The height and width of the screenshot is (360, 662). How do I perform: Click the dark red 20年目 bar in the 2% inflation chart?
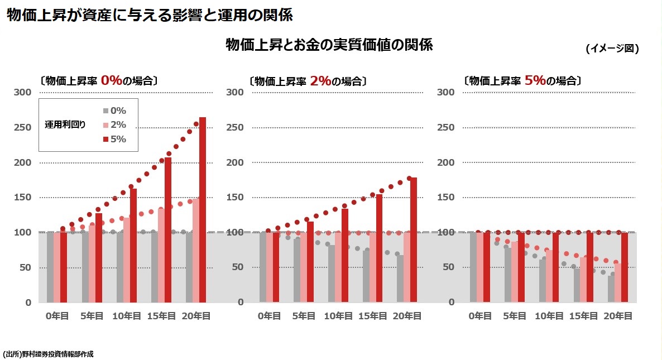414,240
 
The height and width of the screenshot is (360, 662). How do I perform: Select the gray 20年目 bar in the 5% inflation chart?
611,289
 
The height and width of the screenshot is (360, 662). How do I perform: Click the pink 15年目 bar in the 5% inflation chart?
583,280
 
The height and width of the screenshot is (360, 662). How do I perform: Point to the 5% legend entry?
114,139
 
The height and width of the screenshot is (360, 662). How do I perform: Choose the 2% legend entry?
114,124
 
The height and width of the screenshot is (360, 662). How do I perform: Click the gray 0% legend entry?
114,111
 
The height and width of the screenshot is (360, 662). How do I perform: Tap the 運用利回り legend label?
65,124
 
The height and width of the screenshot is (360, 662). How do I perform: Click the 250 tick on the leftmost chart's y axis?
23,127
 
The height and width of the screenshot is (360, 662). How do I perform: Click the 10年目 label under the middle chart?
338,316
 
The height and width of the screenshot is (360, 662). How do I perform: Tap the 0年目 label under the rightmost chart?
480,316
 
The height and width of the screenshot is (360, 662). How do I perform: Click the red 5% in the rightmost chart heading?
535,80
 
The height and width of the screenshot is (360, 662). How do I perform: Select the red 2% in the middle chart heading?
320,80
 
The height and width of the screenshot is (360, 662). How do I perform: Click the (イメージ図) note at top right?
612,49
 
